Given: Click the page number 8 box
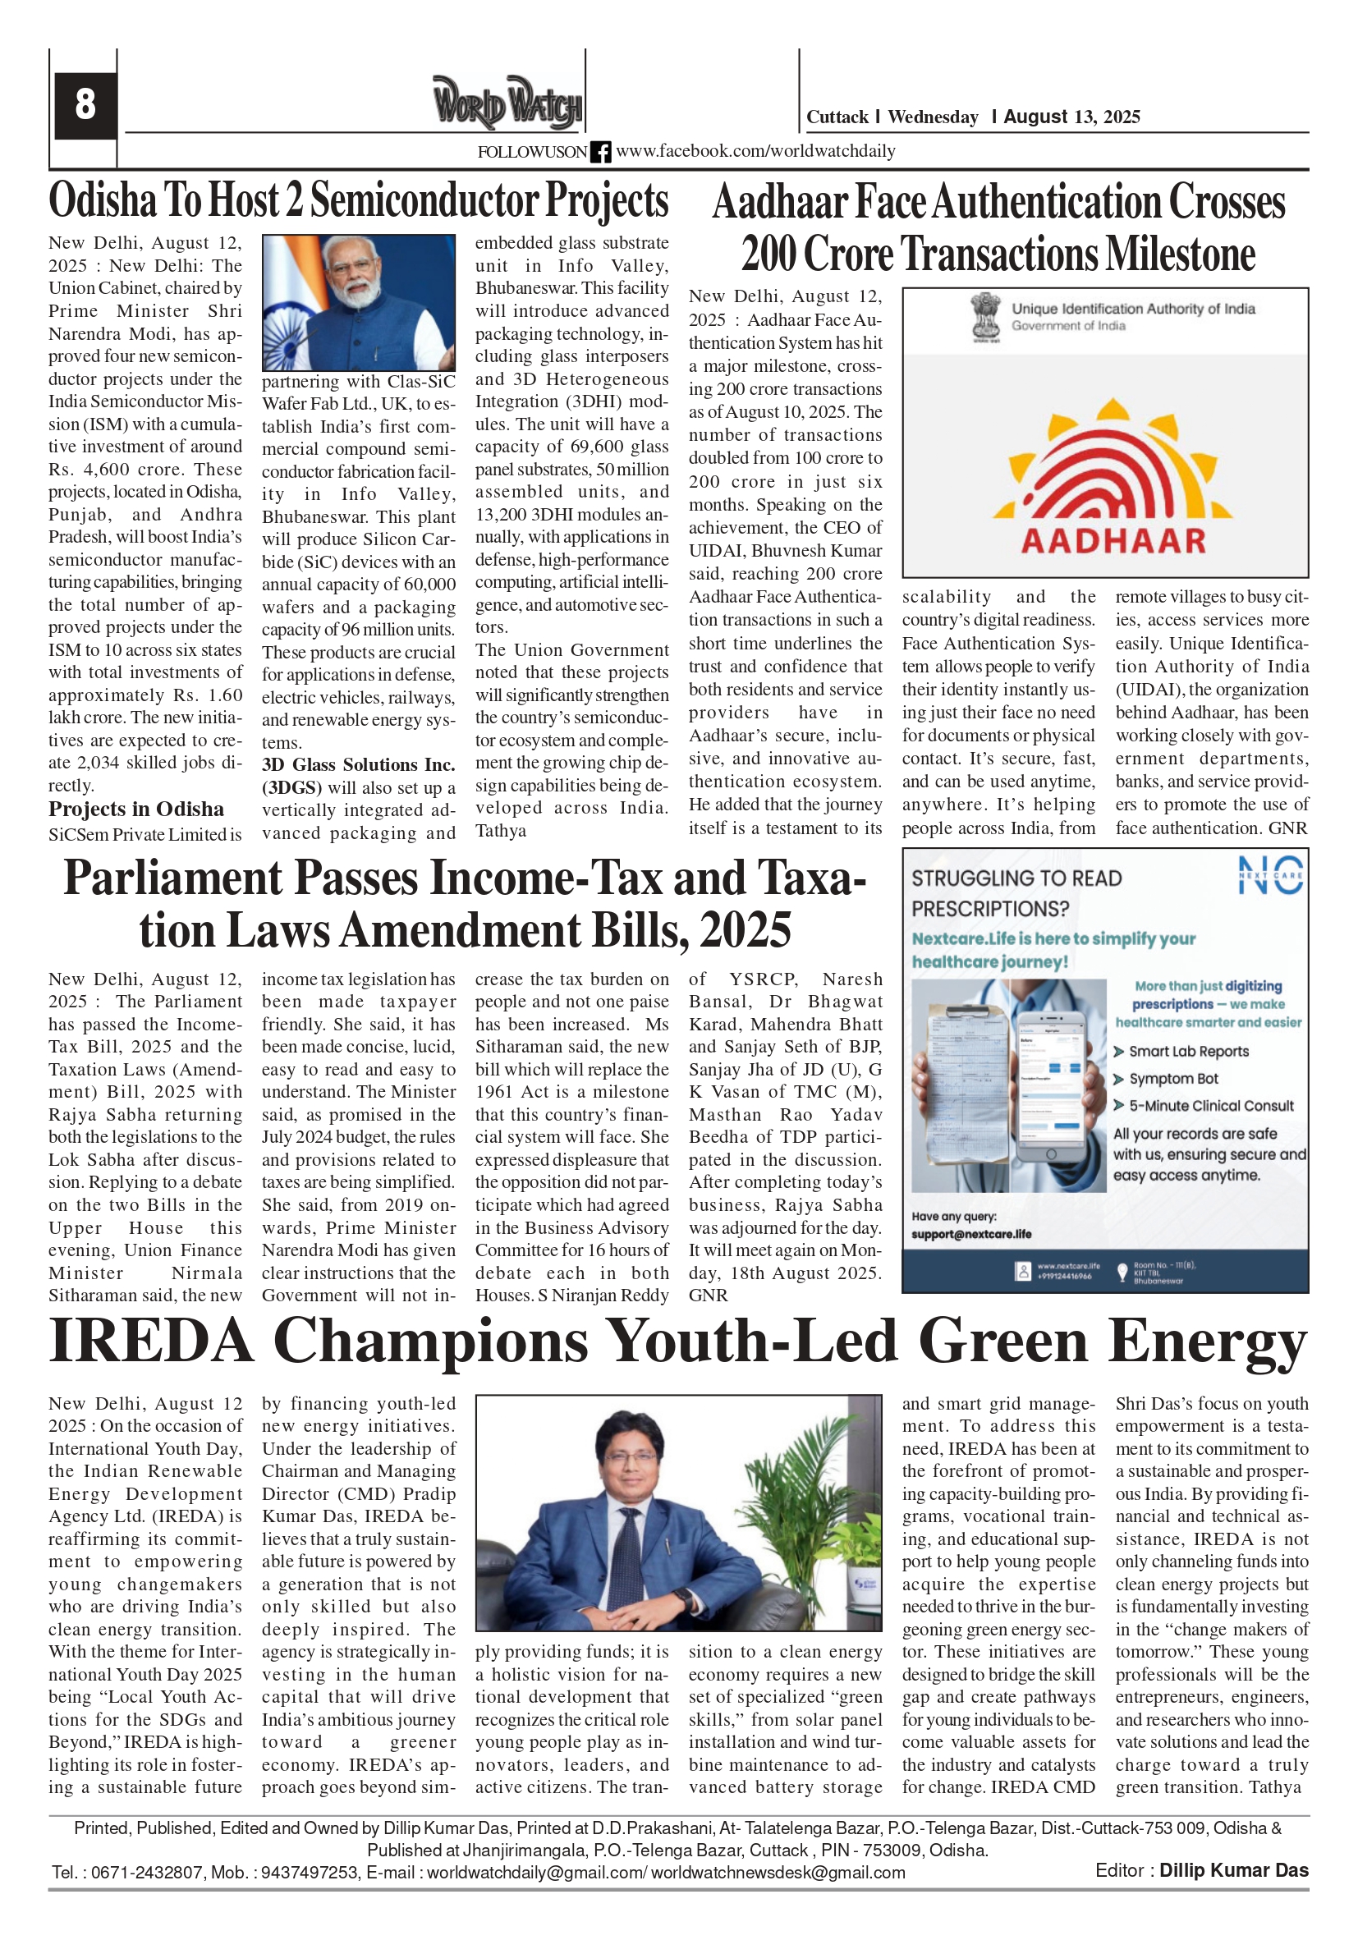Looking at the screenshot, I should point(85,105).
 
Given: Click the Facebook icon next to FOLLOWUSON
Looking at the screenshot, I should point(600,152).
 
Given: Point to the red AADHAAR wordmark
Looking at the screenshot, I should point(1113,541).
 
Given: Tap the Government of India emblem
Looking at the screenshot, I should point(984,316).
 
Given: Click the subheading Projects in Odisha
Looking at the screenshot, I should point(136,809).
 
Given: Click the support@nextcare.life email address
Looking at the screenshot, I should point(971,1234).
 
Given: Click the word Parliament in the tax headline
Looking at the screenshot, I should point(173,878).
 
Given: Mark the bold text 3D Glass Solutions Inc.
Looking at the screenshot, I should point(358,764).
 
